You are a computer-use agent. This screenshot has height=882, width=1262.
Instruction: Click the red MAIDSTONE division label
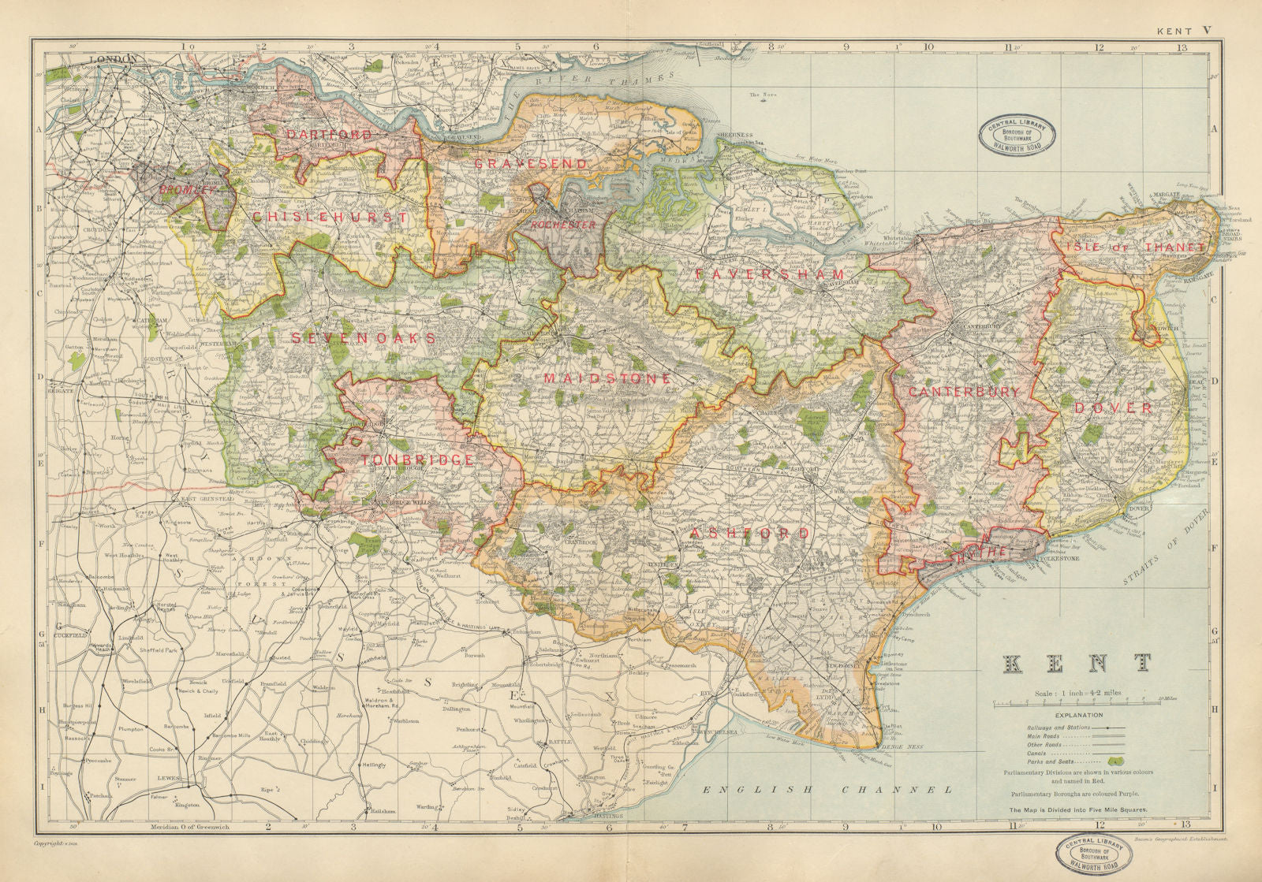pyautogui.click(x=607, y=379)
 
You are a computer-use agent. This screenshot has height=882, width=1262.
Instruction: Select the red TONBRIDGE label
pyautogui.click(x=417, y=460)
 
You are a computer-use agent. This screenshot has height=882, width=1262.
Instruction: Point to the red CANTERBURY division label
pyautogui.click(x=963, y=391)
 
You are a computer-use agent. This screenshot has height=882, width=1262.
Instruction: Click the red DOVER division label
pyautogui.click(x=1113, y=408)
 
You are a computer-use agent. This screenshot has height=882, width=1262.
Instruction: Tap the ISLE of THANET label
pyautogui.click(x=1135, y=247)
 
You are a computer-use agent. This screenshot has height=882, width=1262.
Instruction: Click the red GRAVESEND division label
pyautogui.click(x=530, y=164)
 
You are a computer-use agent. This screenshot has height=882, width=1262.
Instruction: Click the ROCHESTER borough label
pyautogui.click(x=563, y=225)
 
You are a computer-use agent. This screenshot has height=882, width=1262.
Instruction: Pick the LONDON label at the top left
pyautogui.click(x=114, y=59)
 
